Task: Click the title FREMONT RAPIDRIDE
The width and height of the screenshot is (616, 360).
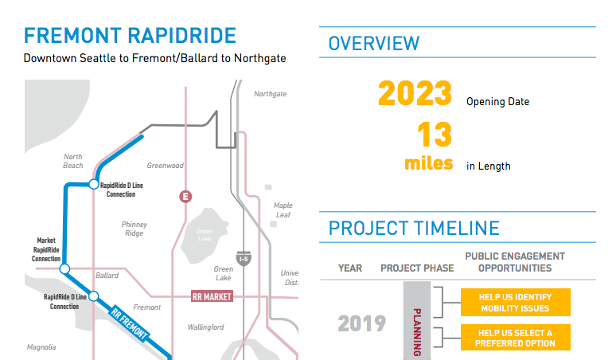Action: coord(130,36)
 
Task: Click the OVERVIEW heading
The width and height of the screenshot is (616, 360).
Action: coord(374,43)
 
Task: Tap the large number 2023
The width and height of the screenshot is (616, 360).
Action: coord(415,94)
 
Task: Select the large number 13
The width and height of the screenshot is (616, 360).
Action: coord(435,135)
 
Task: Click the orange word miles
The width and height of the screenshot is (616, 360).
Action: coord(428,163)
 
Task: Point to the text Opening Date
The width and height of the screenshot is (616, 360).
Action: coord(497,102)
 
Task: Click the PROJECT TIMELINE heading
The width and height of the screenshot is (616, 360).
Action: coord(414,229)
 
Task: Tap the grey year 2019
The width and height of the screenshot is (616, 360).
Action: coord(361,323)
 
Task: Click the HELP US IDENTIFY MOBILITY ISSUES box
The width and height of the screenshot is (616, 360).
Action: coord(515,303)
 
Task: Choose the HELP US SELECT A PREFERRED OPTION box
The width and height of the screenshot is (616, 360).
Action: coord(515,338)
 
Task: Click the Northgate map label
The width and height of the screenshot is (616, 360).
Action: coord(270,94)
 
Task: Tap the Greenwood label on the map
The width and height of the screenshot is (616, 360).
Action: coord(166,166)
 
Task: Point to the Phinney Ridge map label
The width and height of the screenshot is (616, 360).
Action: coord(135,229)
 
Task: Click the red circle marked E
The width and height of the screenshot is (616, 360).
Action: coord(186,197)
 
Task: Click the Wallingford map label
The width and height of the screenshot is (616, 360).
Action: coord(205,327)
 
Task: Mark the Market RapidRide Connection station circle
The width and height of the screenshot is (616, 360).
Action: coord(65,268)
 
